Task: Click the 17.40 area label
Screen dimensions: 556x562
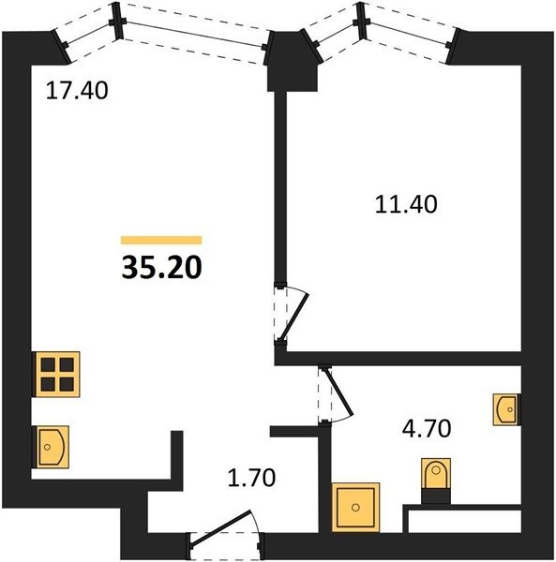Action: point(77,90)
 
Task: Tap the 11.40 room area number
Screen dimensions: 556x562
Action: point(406,204)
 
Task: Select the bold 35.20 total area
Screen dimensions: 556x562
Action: point(162,268)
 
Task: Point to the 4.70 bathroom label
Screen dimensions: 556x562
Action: point(427,429)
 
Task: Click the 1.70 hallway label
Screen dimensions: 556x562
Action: point(252,478)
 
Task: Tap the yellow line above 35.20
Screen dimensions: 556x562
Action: point(161,240)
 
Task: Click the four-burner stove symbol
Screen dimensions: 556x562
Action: point(56,374)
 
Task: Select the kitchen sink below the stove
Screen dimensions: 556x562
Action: point(51,447)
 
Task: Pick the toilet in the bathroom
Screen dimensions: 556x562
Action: point(436,473)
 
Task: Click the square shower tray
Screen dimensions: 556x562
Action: point(355,507)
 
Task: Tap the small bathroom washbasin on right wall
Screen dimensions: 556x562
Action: point(506,409)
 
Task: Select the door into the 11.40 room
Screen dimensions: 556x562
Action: point(291,314)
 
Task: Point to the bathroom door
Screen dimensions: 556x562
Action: point(336,395)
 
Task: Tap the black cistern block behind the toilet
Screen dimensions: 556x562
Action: point(436,496)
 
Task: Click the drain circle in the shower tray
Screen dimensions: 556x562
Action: point(355,507)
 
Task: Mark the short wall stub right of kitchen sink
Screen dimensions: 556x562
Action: point(176,454)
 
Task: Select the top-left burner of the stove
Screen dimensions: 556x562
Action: point(48,365)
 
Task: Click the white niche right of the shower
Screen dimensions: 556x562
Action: point(464,521)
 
